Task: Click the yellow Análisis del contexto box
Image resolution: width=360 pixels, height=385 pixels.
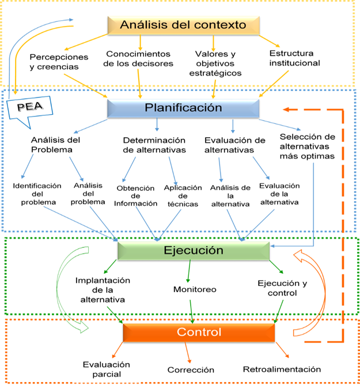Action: pos(183,25)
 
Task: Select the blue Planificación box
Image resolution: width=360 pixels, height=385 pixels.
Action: pos(183,108)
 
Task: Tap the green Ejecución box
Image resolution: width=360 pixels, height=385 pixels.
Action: pos(193,251)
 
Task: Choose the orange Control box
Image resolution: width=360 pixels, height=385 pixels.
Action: pos(199,333)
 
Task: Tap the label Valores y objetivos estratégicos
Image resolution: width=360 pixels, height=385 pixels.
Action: pos(215,63)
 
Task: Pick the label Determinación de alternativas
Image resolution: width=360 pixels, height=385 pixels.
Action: pos(154,145)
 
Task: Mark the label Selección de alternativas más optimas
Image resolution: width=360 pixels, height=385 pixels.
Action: pos(306,146)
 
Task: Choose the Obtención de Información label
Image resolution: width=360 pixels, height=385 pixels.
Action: pos(137,195)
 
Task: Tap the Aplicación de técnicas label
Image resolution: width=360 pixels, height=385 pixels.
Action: pos(183,195)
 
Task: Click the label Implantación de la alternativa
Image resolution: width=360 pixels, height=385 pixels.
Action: pos(103,290)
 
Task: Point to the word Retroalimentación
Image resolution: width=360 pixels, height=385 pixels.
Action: pos(282,369)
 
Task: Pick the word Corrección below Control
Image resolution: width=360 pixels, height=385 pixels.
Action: pos(191,369)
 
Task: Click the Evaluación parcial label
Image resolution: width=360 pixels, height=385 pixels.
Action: pos(106,369)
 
